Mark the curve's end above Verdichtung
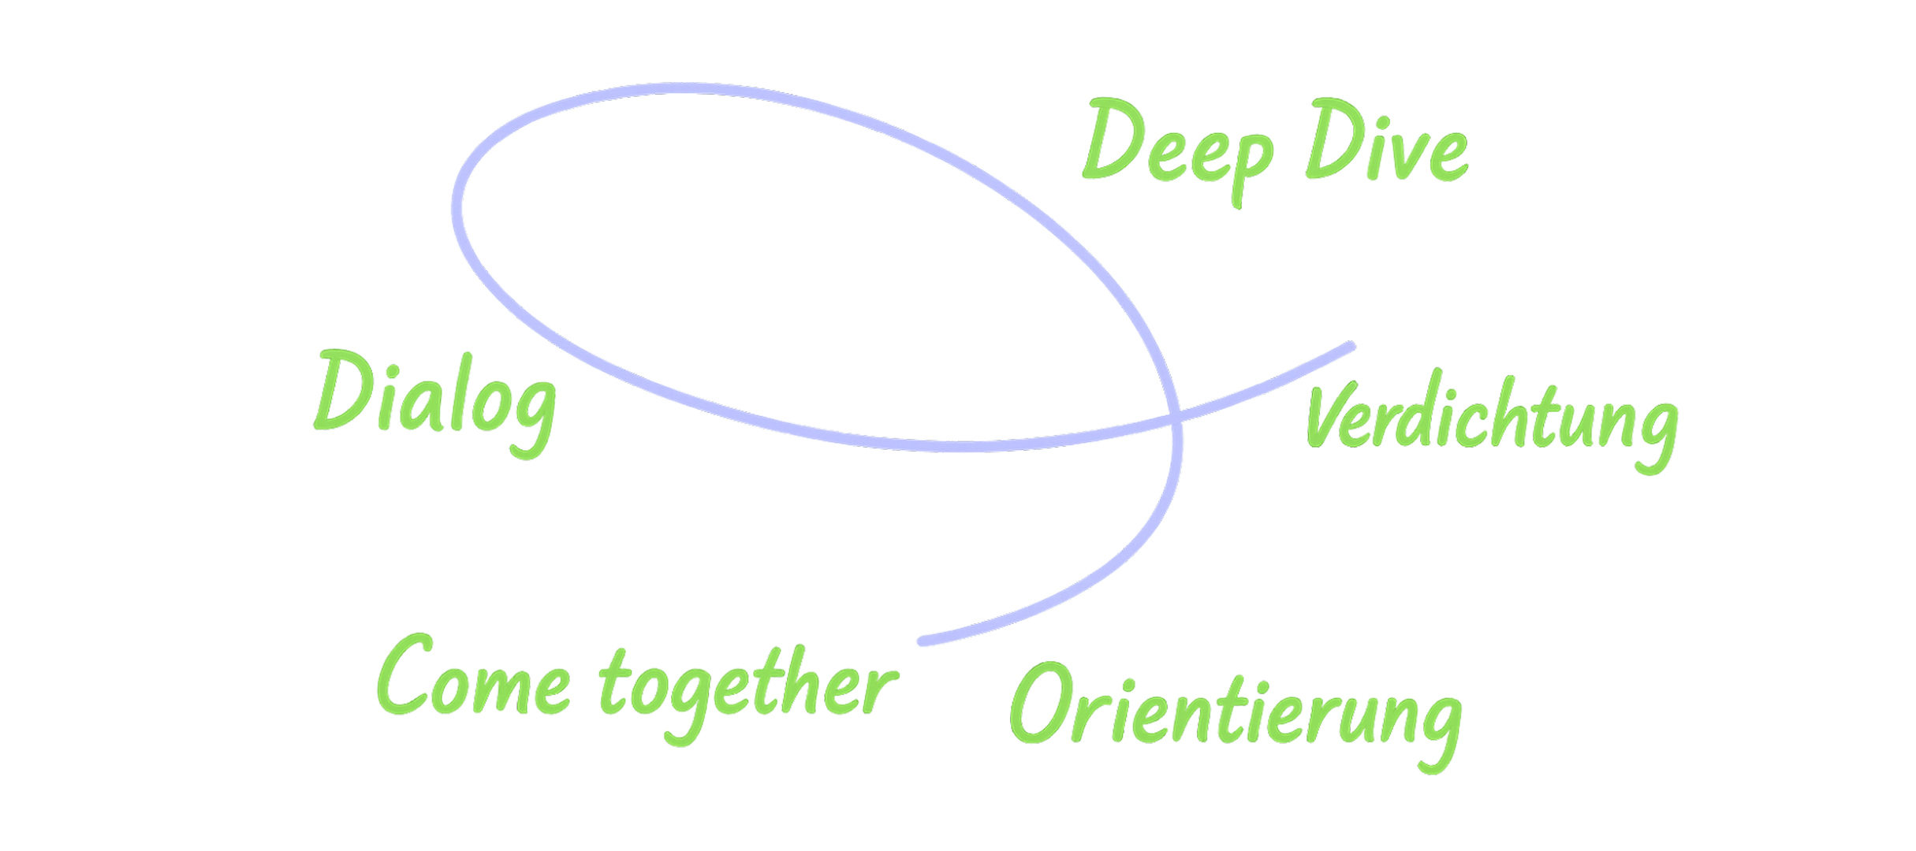[x=1351, y=346]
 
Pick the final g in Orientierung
[x=1437, y=729]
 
